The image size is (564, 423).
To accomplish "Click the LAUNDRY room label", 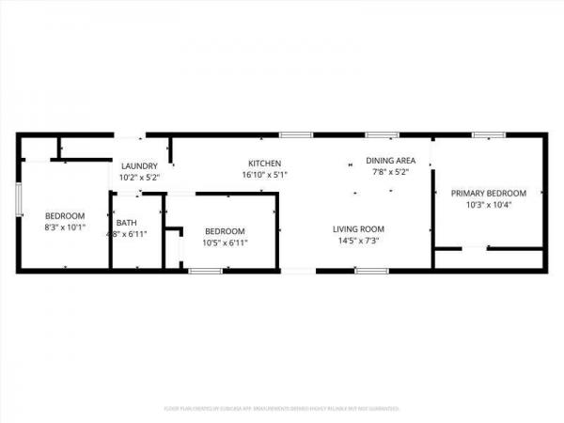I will tap(139, 165).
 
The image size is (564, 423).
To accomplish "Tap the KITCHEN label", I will tap(264, 164).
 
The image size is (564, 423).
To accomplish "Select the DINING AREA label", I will tap(390, 161).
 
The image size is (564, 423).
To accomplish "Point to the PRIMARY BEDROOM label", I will tap(488, 193).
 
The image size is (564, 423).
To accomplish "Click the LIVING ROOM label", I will tap(358, 228).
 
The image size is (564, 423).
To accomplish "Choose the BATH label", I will tap(126, 222).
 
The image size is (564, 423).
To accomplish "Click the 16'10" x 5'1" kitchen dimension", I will tap(264, 175).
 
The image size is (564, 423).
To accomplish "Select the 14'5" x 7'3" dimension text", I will tap(358, 241).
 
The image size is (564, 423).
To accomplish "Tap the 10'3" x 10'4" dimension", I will tap(488, 205).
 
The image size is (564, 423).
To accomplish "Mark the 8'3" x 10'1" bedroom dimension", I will tap(65, 227).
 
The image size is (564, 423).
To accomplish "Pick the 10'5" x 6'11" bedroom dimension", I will tap(225, 243).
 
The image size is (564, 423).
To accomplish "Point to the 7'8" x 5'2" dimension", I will tap(390, 173).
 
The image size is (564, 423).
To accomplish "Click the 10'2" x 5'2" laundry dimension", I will tap(139, 177).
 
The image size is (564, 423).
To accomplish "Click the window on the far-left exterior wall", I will tap(18, 200).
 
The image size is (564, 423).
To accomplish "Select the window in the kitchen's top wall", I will tap(295, 134).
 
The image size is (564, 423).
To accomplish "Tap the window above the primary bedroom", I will tap(487, 134).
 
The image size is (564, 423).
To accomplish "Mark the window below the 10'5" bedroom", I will tap(204, 271).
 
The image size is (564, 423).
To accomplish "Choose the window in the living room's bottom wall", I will tap(369, 271).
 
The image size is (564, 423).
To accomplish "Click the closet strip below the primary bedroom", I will tap(489, 259).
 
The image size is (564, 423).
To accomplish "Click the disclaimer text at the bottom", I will tap(281, 409).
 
